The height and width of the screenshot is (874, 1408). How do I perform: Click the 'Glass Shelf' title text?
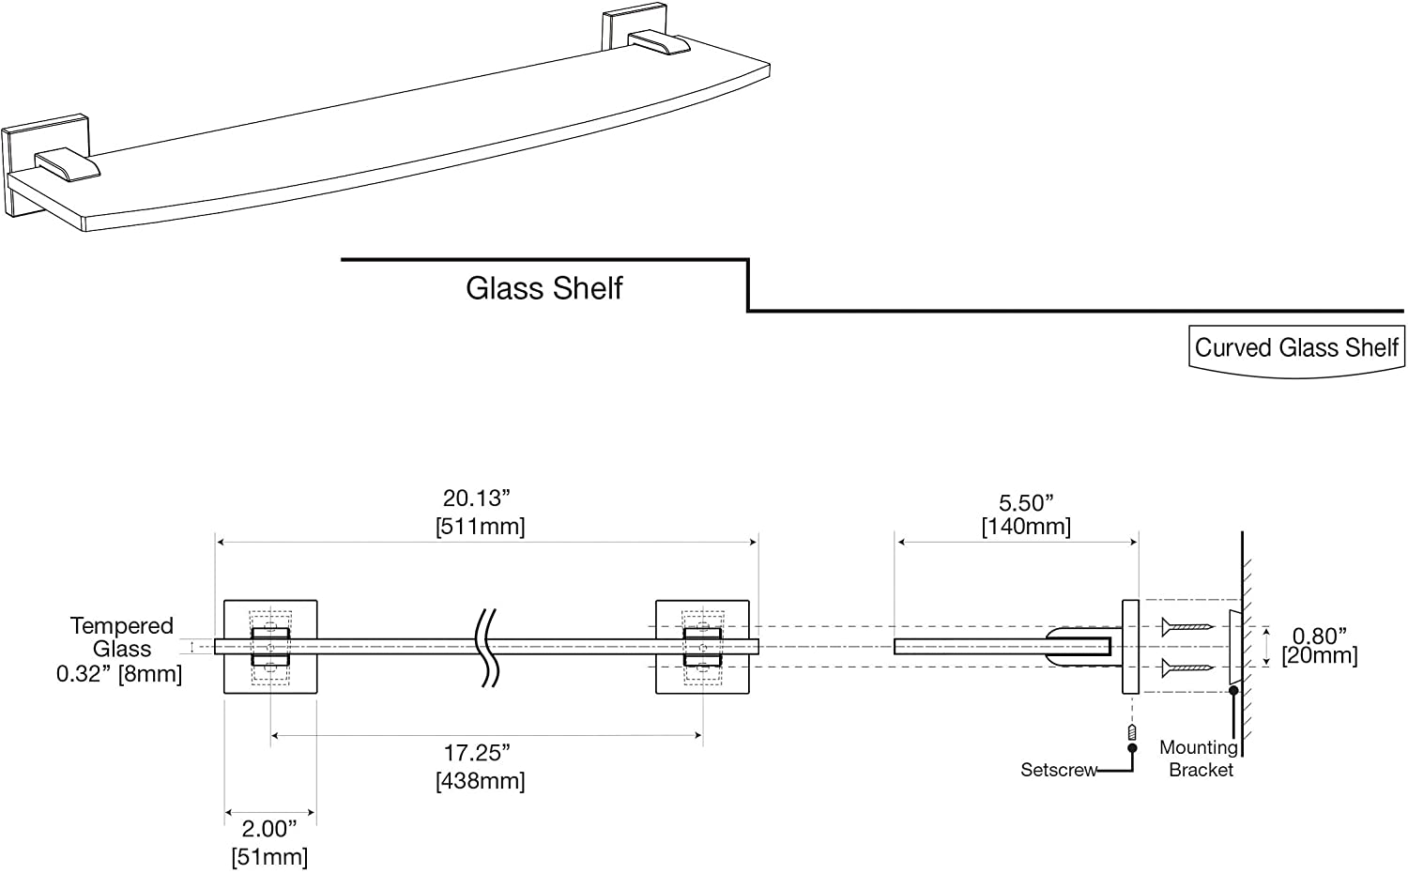tap(543, 288)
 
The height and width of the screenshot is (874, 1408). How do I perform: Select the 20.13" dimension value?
tap(476, 498)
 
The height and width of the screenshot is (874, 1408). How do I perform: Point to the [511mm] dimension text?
tap(481, 527)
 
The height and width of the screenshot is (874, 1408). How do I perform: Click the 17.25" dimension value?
tap(477, 753)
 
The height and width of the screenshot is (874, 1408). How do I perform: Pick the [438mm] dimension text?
tap(481, 781)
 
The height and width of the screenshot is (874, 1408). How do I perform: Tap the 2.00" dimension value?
tap(269, 829)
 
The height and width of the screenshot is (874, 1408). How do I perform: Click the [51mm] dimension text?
tap(269, 856)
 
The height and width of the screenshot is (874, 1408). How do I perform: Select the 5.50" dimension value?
tap(1026, 502)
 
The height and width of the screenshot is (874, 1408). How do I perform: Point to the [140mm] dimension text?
tap(1027, 527)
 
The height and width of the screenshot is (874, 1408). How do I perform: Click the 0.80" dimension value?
tap(1320, 636)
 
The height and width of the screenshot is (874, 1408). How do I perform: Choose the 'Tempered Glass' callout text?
tap(121, 636)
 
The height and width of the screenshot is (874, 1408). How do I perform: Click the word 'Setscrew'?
tap(1059, 770)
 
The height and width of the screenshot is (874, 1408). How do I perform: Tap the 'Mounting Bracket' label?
tap(1199, 759)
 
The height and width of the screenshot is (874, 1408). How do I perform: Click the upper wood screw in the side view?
tap(1186, 627)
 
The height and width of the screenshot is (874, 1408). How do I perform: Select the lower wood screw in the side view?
tap(1186, 667)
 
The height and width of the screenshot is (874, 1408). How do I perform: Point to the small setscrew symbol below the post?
tap(1132, 732)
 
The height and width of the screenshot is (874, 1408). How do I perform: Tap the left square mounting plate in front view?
tap(270, 647)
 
